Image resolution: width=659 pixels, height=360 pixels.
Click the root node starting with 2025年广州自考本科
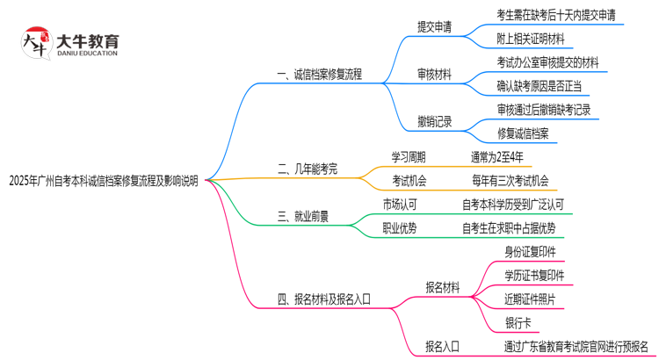coord(104,182)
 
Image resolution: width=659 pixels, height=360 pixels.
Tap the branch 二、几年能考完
coord(307,169)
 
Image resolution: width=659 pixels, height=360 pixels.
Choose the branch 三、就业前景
coord(303,216)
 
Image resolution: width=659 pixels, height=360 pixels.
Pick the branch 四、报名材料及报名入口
coord(324,299)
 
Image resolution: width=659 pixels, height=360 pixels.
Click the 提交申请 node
coord(435,26)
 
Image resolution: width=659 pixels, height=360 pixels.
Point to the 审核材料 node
coord(435,75)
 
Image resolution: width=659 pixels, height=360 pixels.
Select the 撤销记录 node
coord(435,122)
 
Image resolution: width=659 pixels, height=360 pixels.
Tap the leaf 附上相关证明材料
coord(531,39)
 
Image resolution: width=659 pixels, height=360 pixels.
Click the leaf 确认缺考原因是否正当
coord(538,86)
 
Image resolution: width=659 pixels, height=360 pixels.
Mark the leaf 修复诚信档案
coord(523,133)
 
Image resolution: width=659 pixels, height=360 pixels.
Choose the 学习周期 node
coord(409,157)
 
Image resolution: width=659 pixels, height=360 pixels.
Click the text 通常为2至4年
coord(497,157)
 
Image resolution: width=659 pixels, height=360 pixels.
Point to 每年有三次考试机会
coord(510,181)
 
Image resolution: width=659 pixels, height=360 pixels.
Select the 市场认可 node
coord(400,205)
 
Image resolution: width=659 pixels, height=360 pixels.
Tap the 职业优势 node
coord(400,228)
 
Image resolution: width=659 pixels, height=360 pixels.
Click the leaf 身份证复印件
coord(530,252)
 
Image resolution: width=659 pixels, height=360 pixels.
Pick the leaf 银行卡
coord(517,323)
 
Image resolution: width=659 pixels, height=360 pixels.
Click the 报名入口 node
coord(442,346)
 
